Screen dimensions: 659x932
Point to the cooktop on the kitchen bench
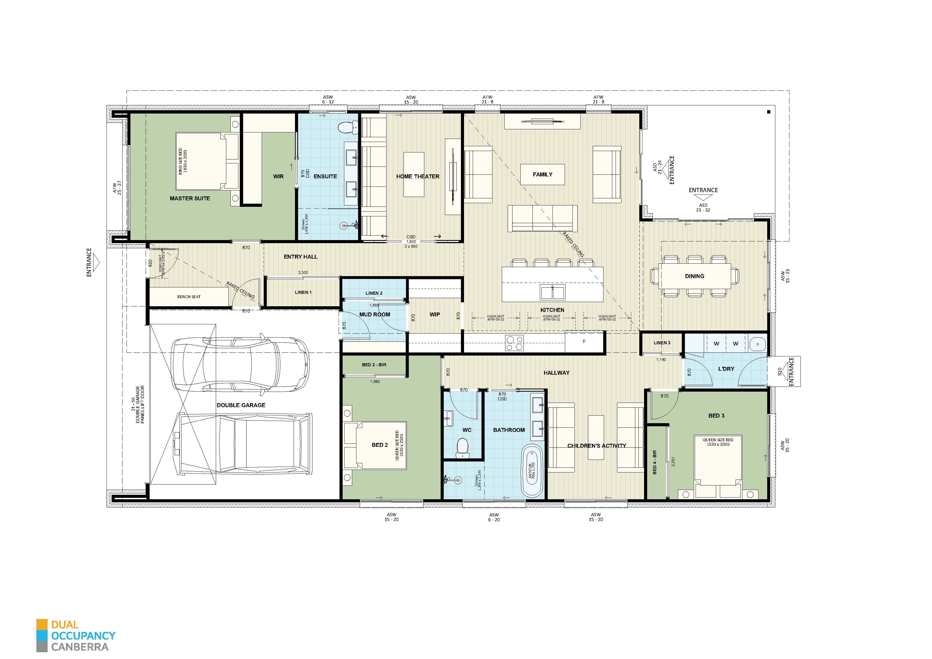pos(514,343)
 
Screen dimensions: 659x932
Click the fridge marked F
pos(584,342)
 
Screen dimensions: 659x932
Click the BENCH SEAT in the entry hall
pos(189,297)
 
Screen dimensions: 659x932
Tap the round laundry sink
pos(757,344)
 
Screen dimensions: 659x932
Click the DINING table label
pos(694,276)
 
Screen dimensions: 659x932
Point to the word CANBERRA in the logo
pos(80,647)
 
